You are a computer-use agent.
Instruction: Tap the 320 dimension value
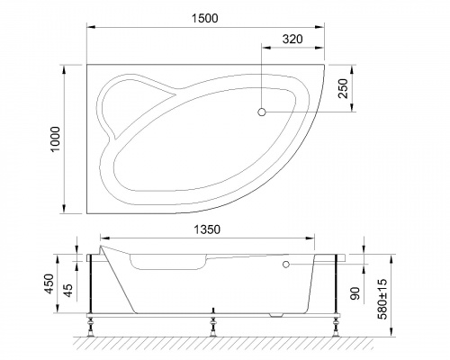pyautogui.click(x=292, y=39)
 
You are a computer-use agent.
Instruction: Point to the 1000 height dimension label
pyautogui.click(x=55, y=139)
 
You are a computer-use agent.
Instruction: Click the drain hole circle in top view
pyautogui.click(x=262, y=112)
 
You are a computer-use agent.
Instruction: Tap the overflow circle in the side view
pyautogui.click(x=285, y=265)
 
